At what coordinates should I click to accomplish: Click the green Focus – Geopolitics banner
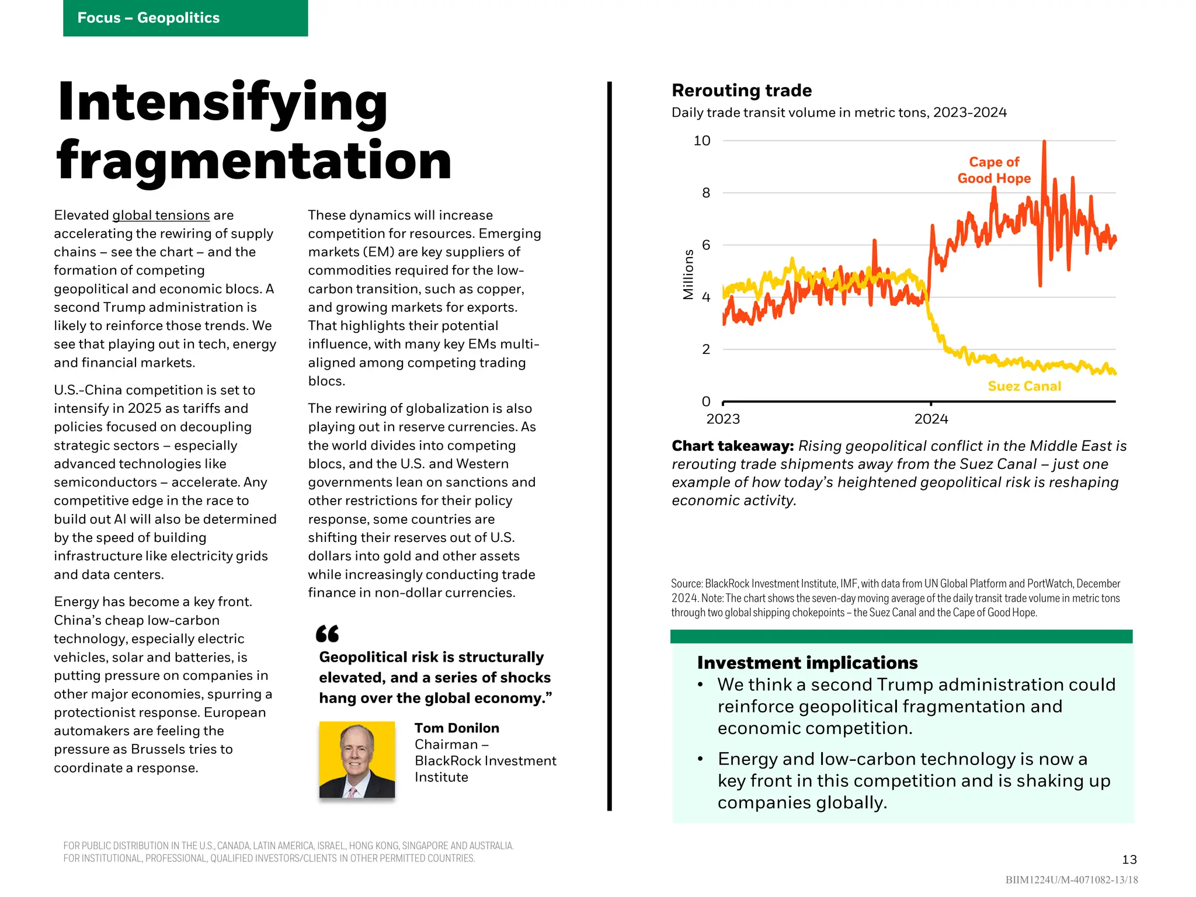pyautogui.click(x=185, y=18)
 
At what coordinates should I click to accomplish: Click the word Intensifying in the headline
pyautogui.click(x=222, y=103)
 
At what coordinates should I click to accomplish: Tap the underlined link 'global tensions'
pyautogui.click(x=161, y=215)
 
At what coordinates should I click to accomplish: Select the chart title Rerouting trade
pyautogui.click(x=742, y=91)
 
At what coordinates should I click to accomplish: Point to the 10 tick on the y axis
pyautogui.click(x=702, y=141)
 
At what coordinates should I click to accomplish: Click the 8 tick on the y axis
pyautogui.click(x=706, y=193)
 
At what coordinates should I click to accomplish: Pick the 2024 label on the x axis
pyautogui.click(x=931, y=419)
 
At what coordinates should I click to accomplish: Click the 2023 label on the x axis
pyautogui.click(x=723, y=419)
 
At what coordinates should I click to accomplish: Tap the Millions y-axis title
pyautogui.click(x=689, y=274)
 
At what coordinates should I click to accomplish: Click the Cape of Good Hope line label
pyautogui.click(x=994, y=170)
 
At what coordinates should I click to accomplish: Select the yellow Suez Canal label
pyautogui.click(x=1024, y=386)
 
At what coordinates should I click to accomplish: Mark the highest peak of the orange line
pyautogui.click(x=1044, y=142)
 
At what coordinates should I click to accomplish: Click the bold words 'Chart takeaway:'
pyautogui.click(x=732, y=446)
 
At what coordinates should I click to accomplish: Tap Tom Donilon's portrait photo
pyautogui.click(x=357, y=759)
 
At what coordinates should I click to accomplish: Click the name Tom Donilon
pyautogui.click(x=457, y=728)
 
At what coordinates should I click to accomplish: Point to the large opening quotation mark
pyautogui.click(x=327, y=634)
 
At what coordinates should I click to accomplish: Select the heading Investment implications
pyautogui.click(x=807, y=663)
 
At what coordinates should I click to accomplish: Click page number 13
pyautogui.click(x=1129, y=860)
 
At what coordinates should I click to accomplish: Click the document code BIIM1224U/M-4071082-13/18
pyautogui.click(x=1072, y=880)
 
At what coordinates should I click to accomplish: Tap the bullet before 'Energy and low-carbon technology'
pyautogui.click(x=700, y=759)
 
